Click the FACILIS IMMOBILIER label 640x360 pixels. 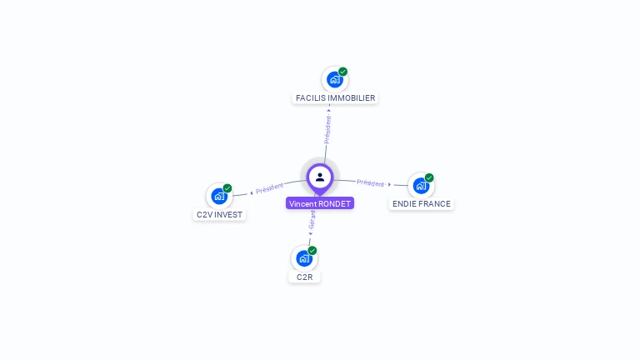tap(335, 98)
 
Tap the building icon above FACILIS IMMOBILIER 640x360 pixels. tap(334, 79)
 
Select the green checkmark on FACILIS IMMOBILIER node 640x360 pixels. tap(342, 72)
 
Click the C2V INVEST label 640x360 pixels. tap(220, 215)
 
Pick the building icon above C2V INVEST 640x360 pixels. tap(219, 196)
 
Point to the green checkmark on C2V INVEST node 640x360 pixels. tap(227, 188)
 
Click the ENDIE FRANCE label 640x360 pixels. tap(422, 204)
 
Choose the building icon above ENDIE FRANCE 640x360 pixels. tap(421, 185)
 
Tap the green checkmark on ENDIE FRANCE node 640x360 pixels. tap(429, 177)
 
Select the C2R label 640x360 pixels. tap(304, 277)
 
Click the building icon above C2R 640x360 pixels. tap(304, 257)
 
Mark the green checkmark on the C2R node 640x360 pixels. tap(312, 250)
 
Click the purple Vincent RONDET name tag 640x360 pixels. tap(320, 203)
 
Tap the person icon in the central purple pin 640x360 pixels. tap(320, 177)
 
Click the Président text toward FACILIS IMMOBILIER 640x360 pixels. tap(327, 129)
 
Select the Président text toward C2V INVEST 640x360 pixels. tap(270, 189)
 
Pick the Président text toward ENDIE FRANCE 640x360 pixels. tap(370, 183)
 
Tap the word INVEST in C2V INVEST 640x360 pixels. tap(229, 215)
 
